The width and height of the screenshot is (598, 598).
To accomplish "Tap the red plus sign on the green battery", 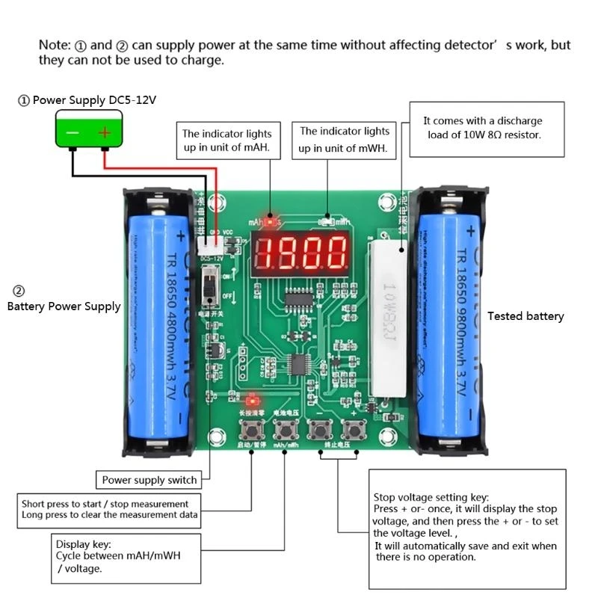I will pyautogui.click(x=105, y=133).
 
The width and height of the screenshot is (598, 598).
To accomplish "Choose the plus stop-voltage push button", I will pyautogui.click(x=353, y=430).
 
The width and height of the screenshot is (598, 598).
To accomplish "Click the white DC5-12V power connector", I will pyautogui.click(x=210, y=244).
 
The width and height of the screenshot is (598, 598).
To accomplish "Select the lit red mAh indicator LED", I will pyautogui.click(x=270, y=221).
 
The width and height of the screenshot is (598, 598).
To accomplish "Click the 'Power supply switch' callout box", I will pyautogui.click(x=149, y=480).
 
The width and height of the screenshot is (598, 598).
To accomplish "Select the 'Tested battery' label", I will pyautogui.click(x=525, y=316).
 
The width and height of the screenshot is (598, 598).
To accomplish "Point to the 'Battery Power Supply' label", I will pyautogui.click(x=64, y=306).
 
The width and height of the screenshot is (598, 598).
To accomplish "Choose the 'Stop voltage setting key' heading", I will pyautogui.click(x=431, y=497).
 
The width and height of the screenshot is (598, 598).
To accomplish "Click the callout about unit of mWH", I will pyautogui.click(x=345, y=140).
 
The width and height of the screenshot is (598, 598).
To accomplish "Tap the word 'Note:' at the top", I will pyautogui.click(x=55, y=46).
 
